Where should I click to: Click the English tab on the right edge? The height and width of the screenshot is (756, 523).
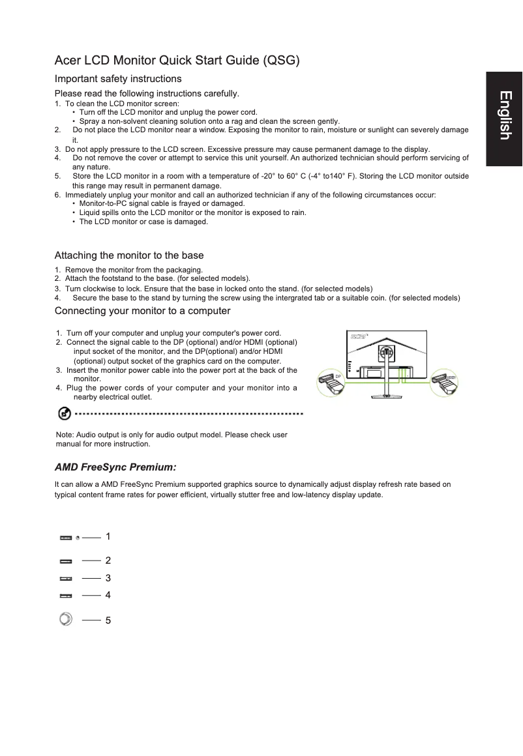tap(504, 116)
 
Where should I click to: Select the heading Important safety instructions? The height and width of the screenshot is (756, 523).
tap(118, 79)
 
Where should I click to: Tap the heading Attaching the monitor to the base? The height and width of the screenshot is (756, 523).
tap(129, 255)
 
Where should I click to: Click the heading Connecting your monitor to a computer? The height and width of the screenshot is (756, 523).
tap(142, 310)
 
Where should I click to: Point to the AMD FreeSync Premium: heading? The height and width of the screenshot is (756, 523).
tap(115, 467)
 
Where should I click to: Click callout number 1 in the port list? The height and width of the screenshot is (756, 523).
tap(108, 536)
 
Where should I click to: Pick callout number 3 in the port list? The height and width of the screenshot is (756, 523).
tap(108, 578)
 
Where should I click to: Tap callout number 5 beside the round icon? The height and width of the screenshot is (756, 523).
tap(108, 620)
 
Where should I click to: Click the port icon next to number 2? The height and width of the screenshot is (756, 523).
tap(66, 560)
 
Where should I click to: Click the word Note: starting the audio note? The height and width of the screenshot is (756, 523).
tap(65, 435)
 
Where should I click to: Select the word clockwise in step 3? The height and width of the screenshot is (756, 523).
tap(97, 289)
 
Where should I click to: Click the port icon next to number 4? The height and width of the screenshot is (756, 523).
tap(66, 596)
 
